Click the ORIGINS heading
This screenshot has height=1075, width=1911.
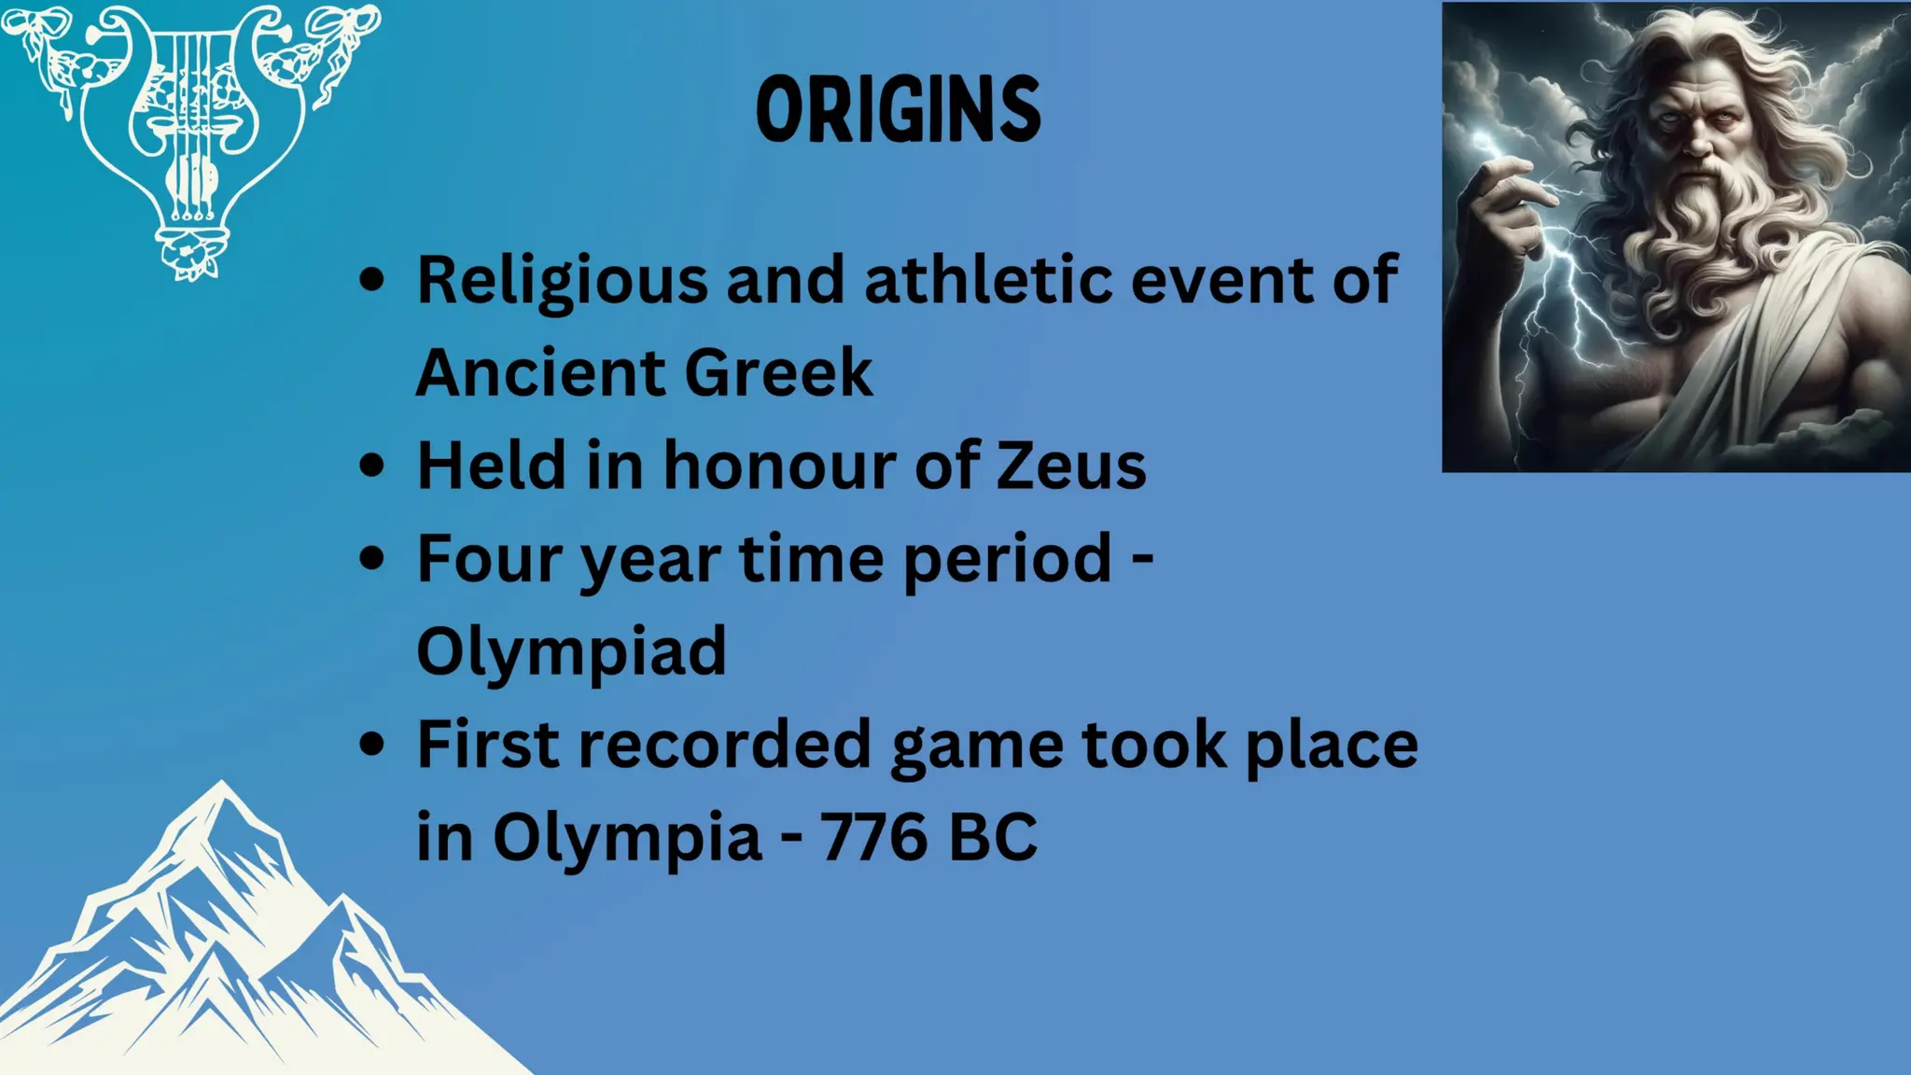[x=898, y=110]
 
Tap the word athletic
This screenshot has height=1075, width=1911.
[x=987, y=280]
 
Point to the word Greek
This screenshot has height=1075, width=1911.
[x=778, y=373]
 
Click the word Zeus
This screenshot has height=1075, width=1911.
[x=1071, y=466]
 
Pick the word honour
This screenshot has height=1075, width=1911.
[x=780, y=466]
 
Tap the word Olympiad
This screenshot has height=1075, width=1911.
[x=571, y=651]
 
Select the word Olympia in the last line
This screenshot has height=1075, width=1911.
[x=627, y=837]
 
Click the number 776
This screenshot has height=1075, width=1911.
[x=873, y=837]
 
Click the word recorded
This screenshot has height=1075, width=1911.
[x=724, y=745]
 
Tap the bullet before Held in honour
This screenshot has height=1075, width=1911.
[x=372, y=466]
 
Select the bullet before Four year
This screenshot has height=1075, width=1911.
[x=372, y=558]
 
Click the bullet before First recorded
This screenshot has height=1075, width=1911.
[x=372, y=745]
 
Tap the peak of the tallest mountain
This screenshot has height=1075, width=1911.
[x=221, y=786]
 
